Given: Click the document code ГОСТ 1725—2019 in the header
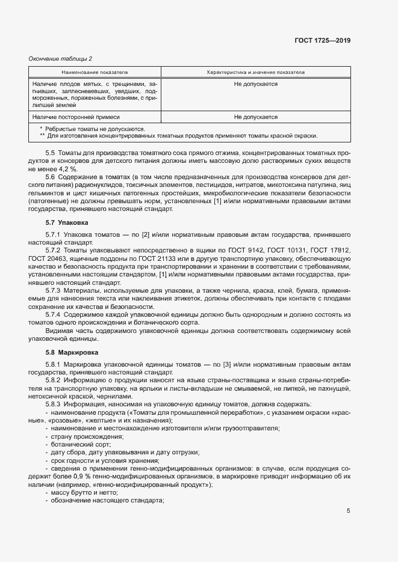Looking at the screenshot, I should click(323, 41).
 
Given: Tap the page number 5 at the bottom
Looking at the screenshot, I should click(349, 511).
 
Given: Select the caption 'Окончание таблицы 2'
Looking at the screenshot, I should click(60, 58).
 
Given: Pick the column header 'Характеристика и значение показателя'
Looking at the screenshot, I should click(256, 72).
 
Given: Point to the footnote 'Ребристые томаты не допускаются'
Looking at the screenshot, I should click(94, 129).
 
